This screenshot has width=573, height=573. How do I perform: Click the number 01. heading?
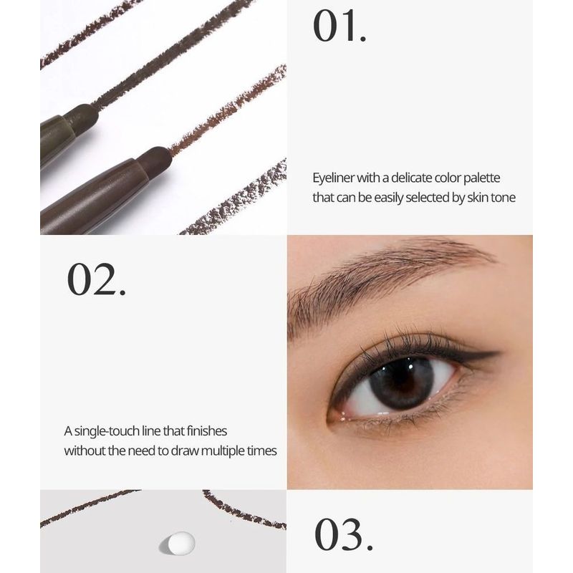[x=340, y=26]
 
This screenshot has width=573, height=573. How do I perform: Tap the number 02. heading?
[x=97, y=279]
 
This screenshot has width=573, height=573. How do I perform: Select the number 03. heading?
[x=344, y=534]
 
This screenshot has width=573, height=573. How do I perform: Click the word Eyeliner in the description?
[x=334, y=178]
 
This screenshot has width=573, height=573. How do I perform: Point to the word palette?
[x=481, y=178]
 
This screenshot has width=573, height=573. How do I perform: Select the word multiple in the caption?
[x=223, y=451]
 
